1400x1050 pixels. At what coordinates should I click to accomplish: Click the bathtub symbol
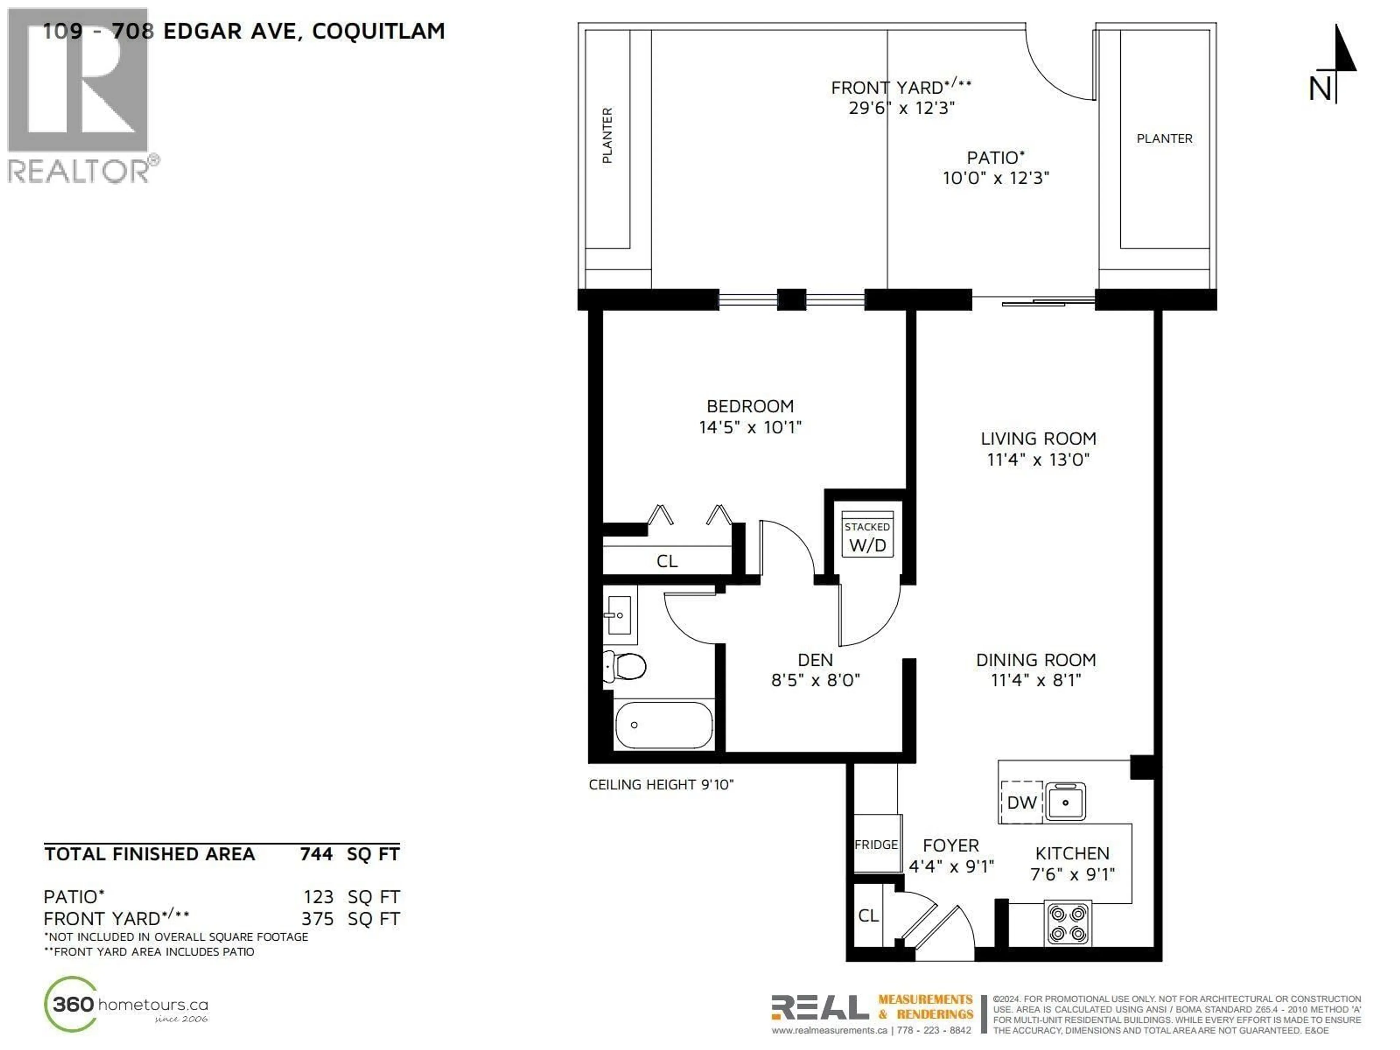pos(663,725)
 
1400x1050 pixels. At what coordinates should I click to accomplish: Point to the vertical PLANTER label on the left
pos(607,136)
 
